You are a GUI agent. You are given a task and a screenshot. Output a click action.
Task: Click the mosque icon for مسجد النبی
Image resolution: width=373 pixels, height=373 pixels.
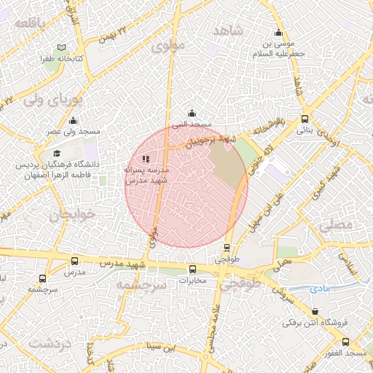tap(192, 113)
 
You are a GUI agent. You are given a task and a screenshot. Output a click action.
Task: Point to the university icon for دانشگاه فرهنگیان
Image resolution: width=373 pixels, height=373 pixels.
tap(57, 153)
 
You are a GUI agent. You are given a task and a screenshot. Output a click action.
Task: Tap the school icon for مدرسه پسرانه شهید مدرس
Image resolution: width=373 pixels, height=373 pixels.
tap(146, 158)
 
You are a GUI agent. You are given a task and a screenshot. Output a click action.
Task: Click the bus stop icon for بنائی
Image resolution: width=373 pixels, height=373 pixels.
tap(304, 119)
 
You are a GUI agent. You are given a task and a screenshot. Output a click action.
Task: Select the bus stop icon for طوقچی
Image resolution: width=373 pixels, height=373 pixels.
tap(228, 248)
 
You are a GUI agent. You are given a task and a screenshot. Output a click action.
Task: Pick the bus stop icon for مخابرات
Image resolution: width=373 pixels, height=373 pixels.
tap(193, 268)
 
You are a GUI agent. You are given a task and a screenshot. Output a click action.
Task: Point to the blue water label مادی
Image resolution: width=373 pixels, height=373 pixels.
tap(320, 288)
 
